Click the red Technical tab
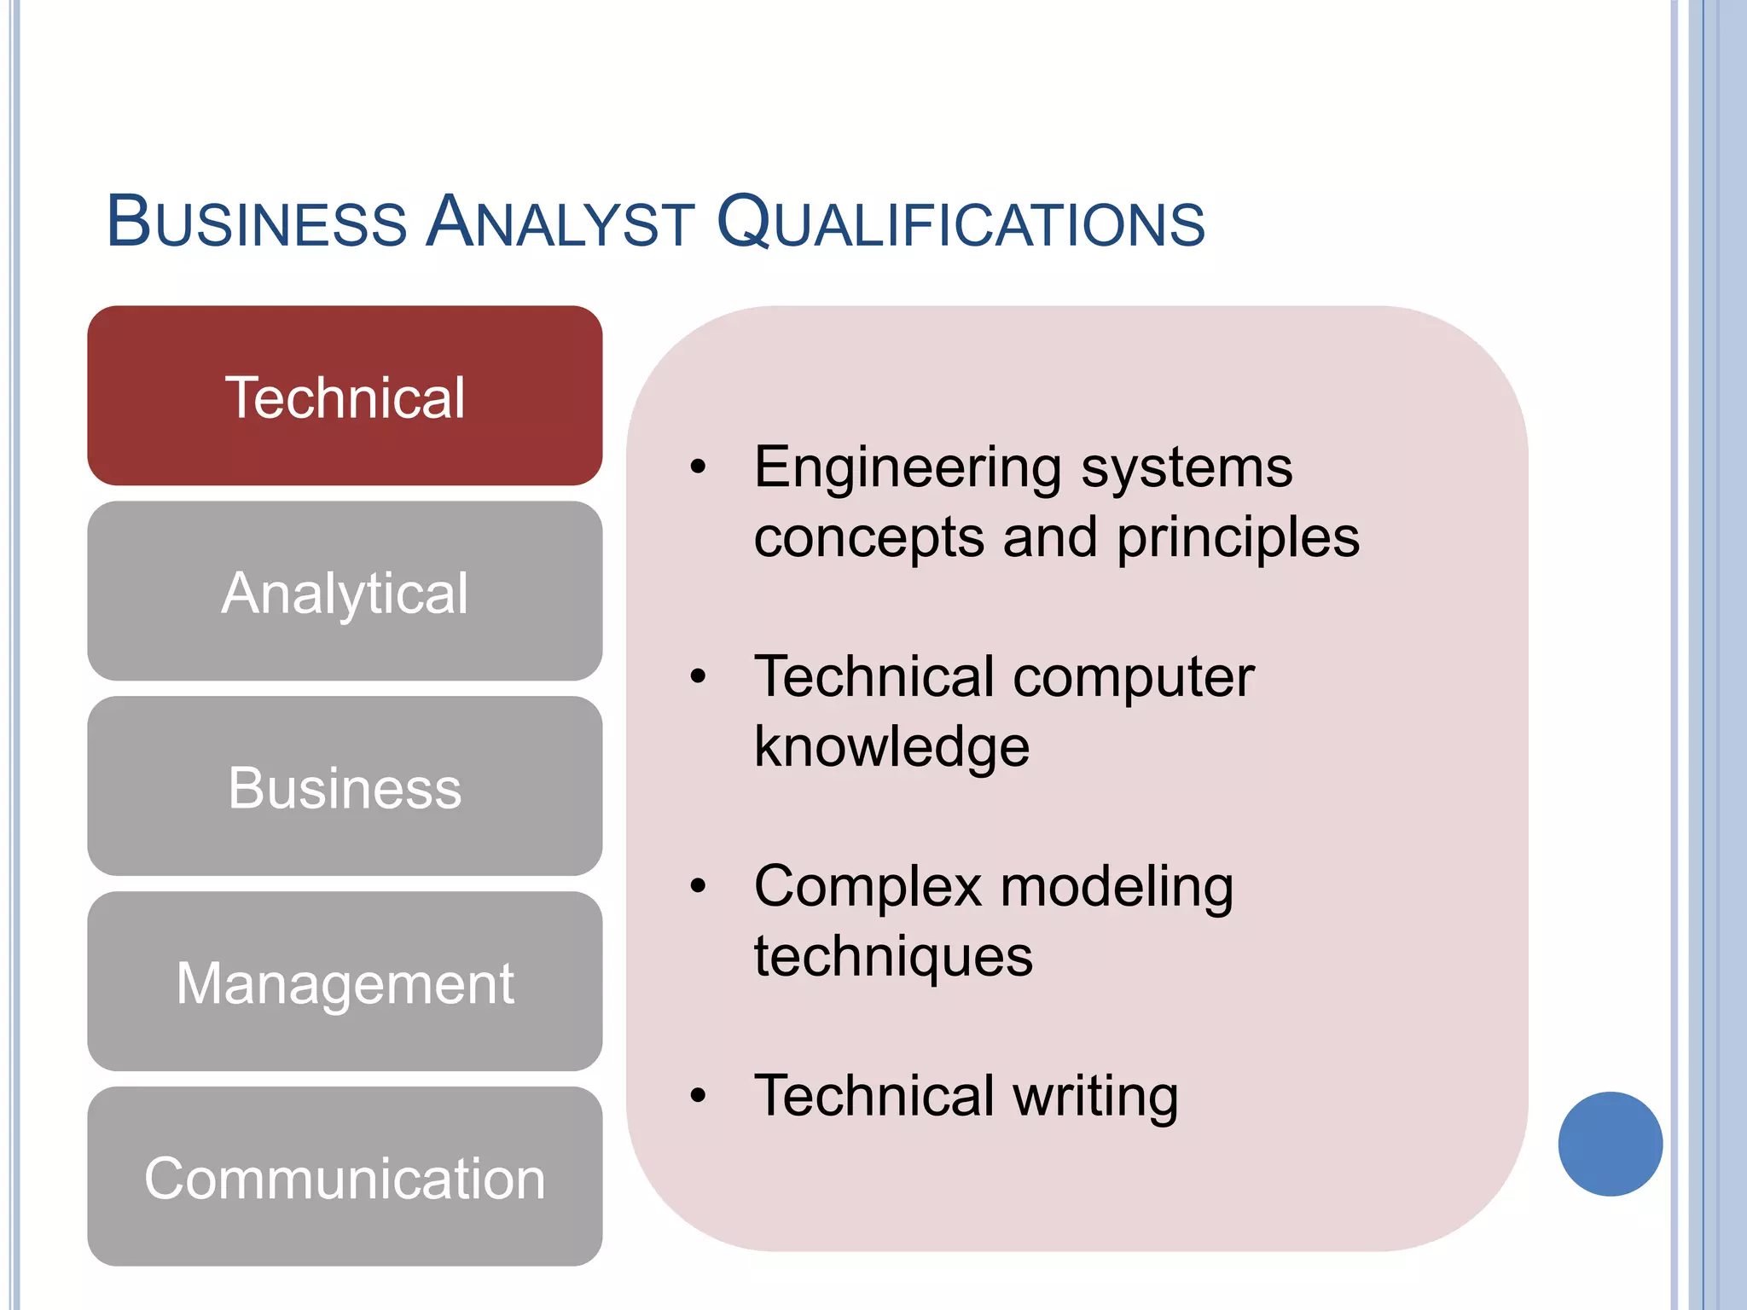(x=345, y=397)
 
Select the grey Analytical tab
(x=345, y=591)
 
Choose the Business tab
(x=345, y=786)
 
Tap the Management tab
(x=345, y=982)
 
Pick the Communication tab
(x=345, y=1177)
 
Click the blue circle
(x=1610, y=1144)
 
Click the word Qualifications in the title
(x=961, y=223)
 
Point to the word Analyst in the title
(x=560, y=223)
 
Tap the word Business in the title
(x=257, y=223)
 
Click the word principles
(x=1238, y=538)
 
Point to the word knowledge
(x=891, y=747)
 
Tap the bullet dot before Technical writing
(x=699, y=1095)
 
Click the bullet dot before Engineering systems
(x=699, y=467)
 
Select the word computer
(x=1134, y=677)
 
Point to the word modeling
(x=1117, y=887)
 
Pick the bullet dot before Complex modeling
(x=699, y=886)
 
